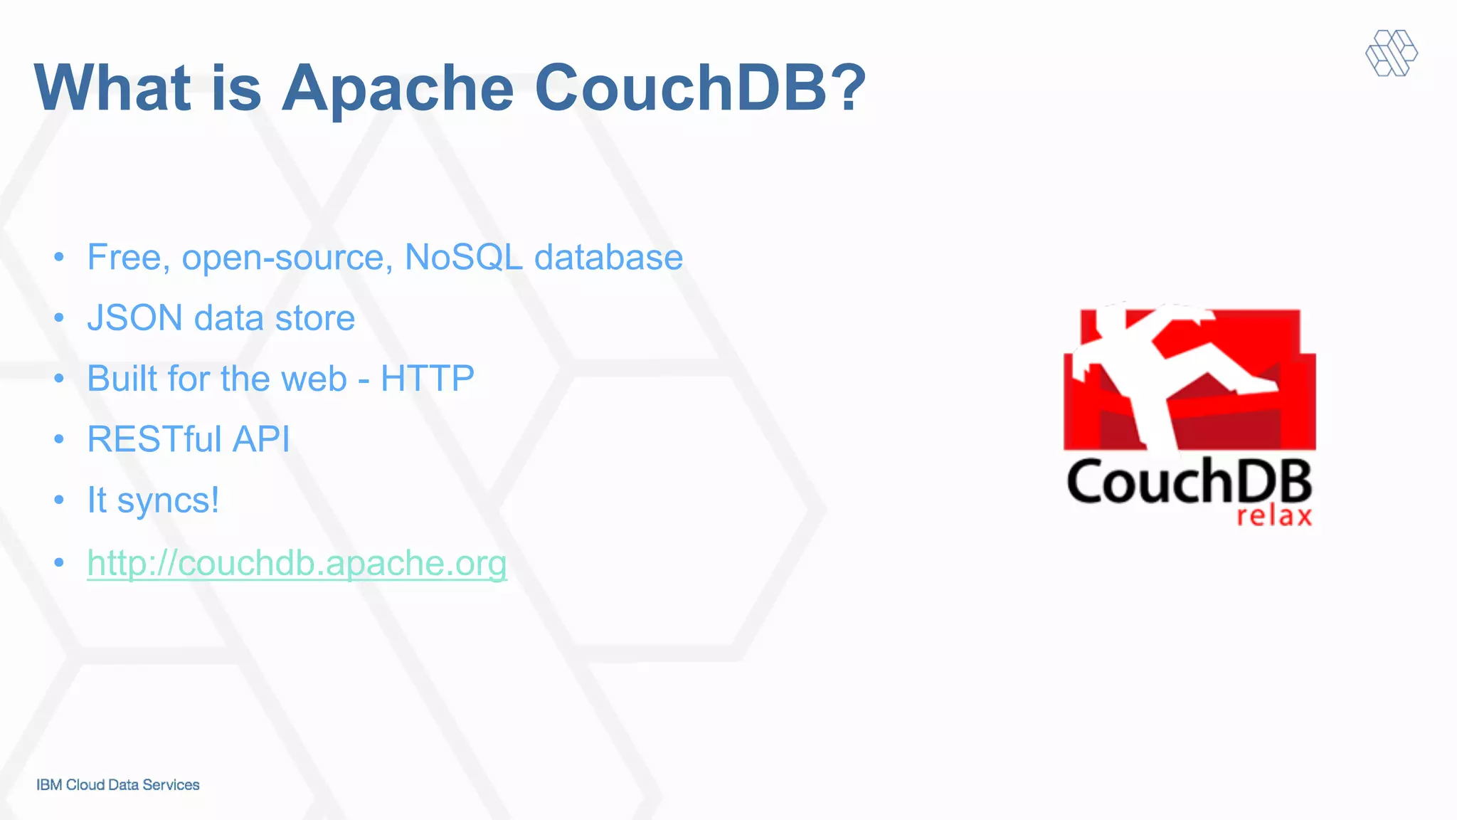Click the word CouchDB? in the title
700,88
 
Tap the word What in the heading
112,88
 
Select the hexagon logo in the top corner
1392,53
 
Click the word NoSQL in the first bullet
463,257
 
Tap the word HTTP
427,379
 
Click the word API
261,439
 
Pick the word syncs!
168,500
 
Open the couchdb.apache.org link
297,563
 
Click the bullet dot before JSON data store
59,317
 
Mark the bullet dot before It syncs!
59,500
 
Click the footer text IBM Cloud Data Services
118,784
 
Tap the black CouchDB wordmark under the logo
1188,481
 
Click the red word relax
1273,516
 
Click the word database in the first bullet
608,257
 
